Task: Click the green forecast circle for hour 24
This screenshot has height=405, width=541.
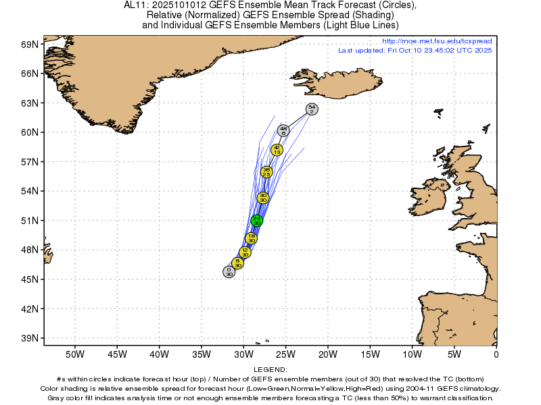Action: click(257, 220)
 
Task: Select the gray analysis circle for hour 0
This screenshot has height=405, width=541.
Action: click(229, 271)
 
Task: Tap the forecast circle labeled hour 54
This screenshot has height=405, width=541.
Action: click(311, 109)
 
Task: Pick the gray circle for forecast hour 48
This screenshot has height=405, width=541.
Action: click(284, 131)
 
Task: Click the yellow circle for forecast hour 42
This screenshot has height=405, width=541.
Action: click(277, 150)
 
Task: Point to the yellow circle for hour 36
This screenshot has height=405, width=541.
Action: click(266, 172)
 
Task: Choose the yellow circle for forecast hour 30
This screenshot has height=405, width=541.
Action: click(264, 198)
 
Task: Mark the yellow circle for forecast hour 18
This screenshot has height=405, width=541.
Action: click(251, 238)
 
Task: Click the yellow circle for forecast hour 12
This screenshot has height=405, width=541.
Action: click(245, 252)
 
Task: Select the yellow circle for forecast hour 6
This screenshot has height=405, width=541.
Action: click(237, 263)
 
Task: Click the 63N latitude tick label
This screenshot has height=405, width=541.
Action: click(31, 103)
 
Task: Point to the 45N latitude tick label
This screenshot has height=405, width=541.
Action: click(31, 279)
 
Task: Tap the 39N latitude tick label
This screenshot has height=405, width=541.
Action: click(31, 338)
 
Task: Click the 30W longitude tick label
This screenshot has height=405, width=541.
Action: click(243, 354)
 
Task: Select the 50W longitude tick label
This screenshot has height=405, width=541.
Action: click(74, 354)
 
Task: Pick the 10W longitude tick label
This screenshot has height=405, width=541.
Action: click(413, 354)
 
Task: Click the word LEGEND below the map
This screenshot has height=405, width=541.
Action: click(270, 370)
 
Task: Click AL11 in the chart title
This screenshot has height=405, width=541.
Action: click(135, 5)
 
